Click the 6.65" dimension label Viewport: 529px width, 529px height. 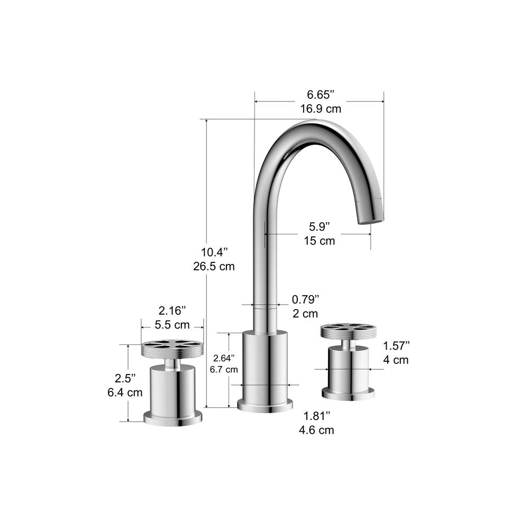click(x=321, y=95)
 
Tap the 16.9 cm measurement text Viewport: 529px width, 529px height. click(x=321, y=109)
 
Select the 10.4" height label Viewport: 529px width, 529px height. click(x=214, y=251)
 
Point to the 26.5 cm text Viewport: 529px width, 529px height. click(x=214, y=266)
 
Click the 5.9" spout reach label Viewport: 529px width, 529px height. click(x=320, y=226)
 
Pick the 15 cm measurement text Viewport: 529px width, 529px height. click(x=320, y=241)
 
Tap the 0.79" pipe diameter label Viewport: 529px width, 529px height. click(x=306, y=299)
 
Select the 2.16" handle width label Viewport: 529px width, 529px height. click(x=172, y=309)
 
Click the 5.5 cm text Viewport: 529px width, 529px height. click(x=172, y=324)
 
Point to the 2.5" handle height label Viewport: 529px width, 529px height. click(x=125, y=378)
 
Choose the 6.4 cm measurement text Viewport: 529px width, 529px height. click(x=125, y=393)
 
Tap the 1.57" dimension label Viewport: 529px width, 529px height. click(x=396, y=346)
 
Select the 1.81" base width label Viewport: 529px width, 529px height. click(x=316, y=415)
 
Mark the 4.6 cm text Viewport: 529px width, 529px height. click(x=316, y=430)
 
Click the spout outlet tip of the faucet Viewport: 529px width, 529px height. click(x=370, y=218)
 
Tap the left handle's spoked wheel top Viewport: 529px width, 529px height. click(x=172, y=348)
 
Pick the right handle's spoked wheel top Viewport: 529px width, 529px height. click(x=348, y=331)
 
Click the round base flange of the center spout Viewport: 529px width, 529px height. click(x=265, y=405)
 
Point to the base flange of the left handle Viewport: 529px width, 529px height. click(x=172, y=417)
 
